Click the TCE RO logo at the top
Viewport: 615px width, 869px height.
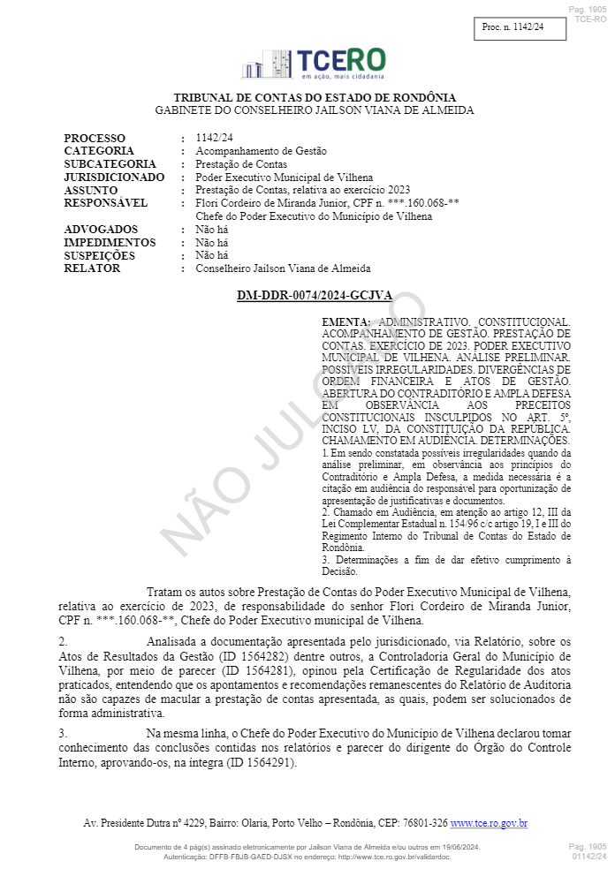pyautogui.click(x=313, y=64)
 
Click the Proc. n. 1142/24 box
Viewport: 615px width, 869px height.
pyautogui.click(x=512, y=28)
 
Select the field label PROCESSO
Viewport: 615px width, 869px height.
pyautogui.click(x=95, y=138)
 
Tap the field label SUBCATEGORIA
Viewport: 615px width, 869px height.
pyautogui.click(x=110, y=164)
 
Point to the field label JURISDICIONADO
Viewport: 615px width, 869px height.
pyautogui.click(x=114, y=178)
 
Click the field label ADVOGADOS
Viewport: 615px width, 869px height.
pyautogui.click(x=101, y=230)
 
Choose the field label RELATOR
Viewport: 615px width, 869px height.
pyautogui.click(x=92, y=268)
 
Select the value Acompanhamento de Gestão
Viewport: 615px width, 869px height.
pyautogui.click(x=261, y=151)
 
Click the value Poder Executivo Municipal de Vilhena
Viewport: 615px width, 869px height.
pyautogui.click(x=284, y=178)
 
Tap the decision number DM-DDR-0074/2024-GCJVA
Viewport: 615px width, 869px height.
pyautogui.click(x=314, y=296)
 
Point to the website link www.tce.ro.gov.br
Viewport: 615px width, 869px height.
pyautogui.click(x=489, y=823)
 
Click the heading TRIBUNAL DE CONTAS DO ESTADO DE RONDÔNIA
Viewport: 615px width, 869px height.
pyautogui.click(x=315, y=97)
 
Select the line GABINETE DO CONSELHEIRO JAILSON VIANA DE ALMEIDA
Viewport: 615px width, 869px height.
pyautogui.click(x=315, y=110)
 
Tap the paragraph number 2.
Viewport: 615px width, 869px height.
pyautogui.click(x=62, y=641)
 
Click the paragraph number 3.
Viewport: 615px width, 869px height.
pyautogui.click(x=62, y=733)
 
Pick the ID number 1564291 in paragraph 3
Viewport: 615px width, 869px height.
pyautogui.click(x=259, y=763)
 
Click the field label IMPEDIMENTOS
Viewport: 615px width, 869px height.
pyautogui.click(x=110, y=243)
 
